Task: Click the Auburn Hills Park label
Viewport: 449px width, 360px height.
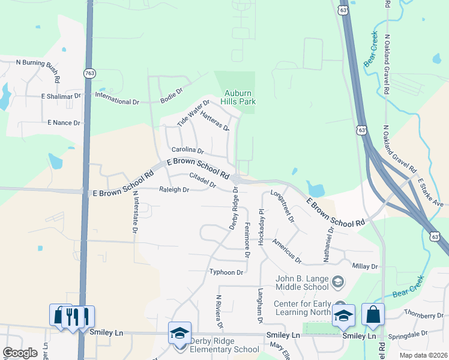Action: [240, 97]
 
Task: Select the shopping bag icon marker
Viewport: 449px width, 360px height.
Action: [373, 316]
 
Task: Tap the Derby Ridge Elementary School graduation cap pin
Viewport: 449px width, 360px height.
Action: [179, 334]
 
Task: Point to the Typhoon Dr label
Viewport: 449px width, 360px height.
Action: [226, 272]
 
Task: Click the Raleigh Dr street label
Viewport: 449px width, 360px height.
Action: [174, 190]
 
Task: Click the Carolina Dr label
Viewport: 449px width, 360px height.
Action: [188, 150]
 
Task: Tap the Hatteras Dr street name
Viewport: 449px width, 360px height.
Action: [215, 120]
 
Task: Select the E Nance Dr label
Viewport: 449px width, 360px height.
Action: [64, 122]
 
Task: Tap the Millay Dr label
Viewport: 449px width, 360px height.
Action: [366, 266]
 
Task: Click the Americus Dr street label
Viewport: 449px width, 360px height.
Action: [286, 251]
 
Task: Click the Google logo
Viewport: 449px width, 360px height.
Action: [20, 353]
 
